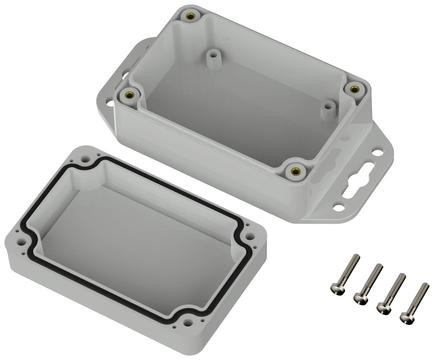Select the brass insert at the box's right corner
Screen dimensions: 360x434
[x=354, y=89]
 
